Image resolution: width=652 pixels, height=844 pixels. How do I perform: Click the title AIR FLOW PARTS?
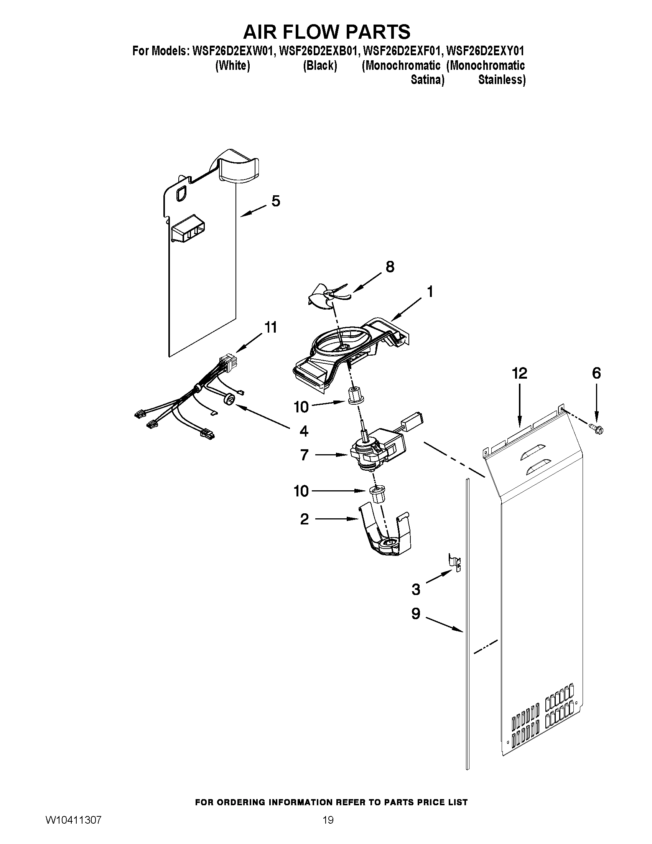[326, 32]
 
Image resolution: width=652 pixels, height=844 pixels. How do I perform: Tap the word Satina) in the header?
[427, 80]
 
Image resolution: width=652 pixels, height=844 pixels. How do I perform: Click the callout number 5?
[275, 201]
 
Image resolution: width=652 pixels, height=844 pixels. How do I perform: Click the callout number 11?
[270, 328]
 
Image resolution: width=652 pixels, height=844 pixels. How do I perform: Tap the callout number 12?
[520, 373]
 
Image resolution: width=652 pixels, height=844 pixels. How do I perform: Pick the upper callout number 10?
[301, 407]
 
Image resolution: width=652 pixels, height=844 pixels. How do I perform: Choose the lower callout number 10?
[301, 491]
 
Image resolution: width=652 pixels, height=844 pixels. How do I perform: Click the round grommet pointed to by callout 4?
[230, 399]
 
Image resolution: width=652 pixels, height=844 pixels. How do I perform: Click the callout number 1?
[430, 292]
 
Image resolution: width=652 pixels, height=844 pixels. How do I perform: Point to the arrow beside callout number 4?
[263, 415]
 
